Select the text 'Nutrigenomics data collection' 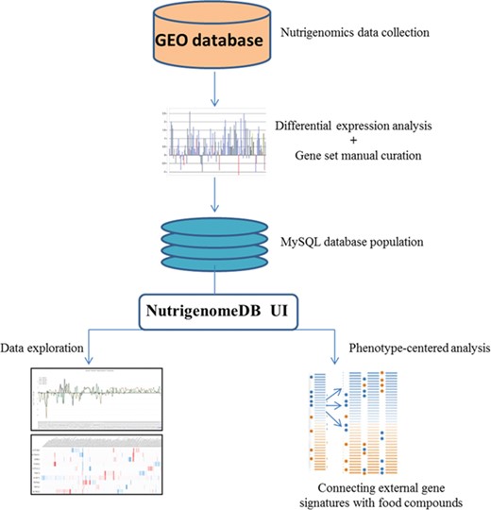point(356,32)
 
